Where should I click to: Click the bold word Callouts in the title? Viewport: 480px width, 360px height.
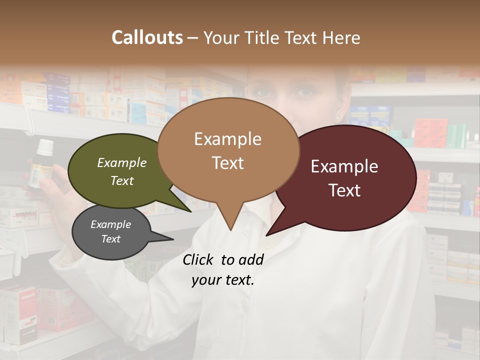click(x=147, y=37)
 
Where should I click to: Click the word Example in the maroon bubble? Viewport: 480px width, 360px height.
click(x=344, y=166)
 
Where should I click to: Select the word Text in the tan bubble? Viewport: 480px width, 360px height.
click(x=228, y=163)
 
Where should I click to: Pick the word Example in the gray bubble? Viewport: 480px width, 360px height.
click(x=110, y=224)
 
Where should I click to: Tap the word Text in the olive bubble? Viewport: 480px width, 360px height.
click(x=121, y=181)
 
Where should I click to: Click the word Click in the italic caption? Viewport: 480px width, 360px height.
click(x=198, y=259)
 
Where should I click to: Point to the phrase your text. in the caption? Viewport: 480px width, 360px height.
click(x=223, y=280)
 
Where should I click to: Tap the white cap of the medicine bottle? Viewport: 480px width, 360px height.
click(x=45, y=146)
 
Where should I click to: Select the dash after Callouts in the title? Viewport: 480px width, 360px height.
click(x=193, y=38)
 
